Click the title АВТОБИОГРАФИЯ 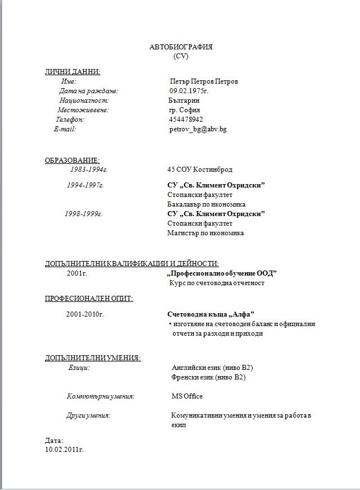181,47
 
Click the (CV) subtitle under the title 181,56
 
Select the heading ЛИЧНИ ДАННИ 73,71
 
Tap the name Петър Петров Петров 203,81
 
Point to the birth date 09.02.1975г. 189,90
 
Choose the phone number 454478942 186,120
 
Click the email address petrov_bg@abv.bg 198,129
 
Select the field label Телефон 70,120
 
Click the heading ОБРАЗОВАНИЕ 72,161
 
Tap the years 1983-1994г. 89,170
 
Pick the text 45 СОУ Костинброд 199,170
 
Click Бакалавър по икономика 206,204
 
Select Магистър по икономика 206,233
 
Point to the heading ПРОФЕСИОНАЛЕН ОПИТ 89,298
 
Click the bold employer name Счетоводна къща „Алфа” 211,314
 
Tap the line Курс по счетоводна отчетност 217,283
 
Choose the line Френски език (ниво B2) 208,377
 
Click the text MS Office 187,396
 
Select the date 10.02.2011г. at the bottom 64,450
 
